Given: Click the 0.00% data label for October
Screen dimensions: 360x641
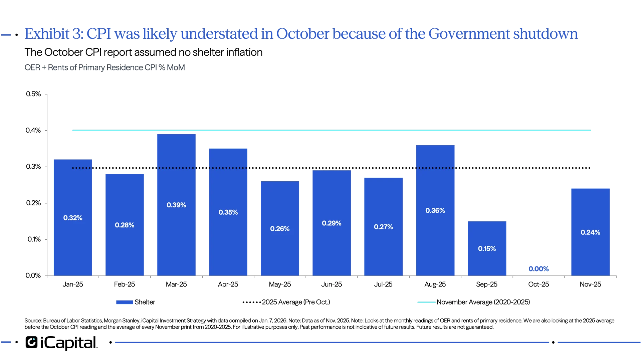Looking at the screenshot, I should (539, 269).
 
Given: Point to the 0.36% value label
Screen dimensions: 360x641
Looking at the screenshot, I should (435, 211).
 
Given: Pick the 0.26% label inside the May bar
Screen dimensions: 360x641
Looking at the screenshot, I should (280, 229).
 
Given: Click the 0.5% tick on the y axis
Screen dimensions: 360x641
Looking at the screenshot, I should (33, 94).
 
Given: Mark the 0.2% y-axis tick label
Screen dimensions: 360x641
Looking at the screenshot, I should (33, 203).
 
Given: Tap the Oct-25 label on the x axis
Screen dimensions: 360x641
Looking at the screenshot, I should (539, 285).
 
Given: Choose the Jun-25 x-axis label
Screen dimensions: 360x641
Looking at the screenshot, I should (332, 285).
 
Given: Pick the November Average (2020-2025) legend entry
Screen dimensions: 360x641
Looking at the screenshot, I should (474, 302).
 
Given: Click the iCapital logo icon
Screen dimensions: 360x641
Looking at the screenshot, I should (31, 342).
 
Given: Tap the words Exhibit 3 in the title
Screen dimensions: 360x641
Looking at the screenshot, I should (53, 34).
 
